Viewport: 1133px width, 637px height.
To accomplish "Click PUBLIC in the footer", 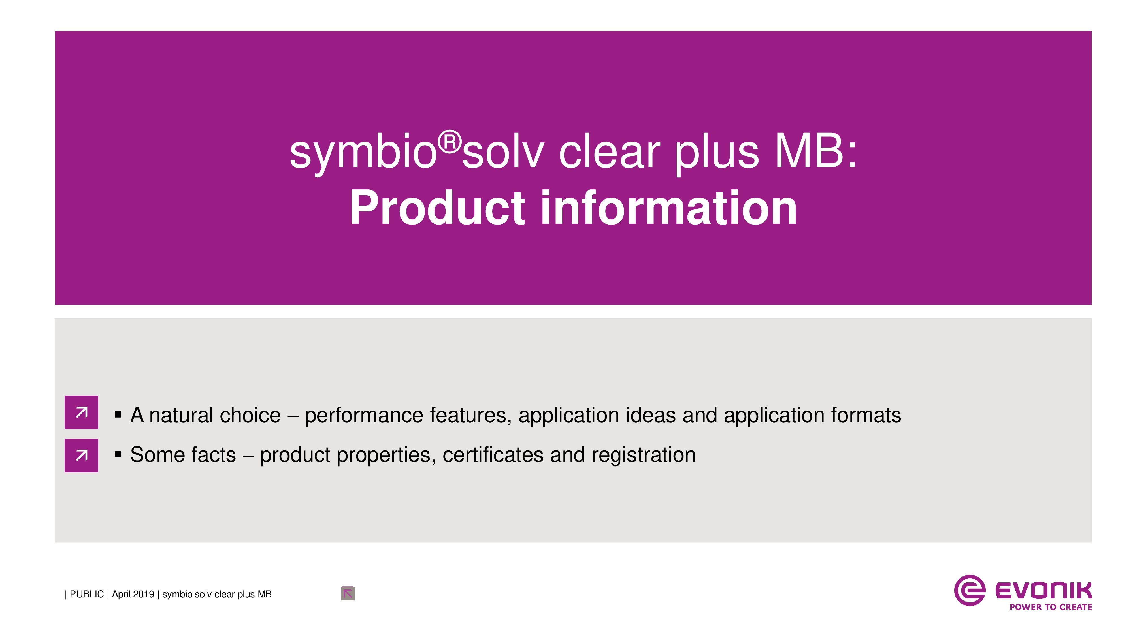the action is point(87,594).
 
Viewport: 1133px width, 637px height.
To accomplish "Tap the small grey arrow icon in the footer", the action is point(348,593).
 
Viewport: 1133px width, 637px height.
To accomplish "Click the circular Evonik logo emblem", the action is point(969,590).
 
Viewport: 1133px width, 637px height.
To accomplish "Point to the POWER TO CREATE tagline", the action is point(1051,607).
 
